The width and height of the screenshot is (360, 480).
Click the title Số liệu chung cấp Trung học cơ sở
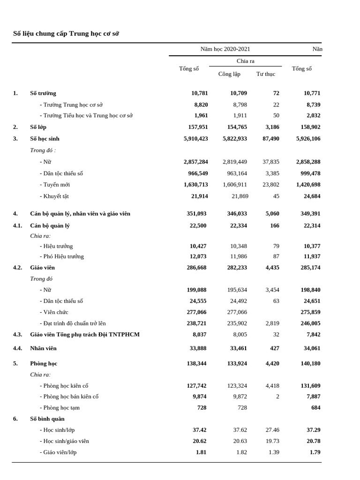click(x=66, y=34)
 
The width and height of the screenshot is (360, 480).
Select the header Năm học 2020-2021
click(x=225, y=49)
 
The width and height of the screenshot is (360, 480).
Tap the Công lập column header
click(x=229, y=74)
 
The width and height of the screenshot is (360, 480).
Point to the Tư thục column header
click(x=266, y=74)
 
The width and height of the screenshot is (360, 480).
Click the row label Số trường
click(x=43, y=93)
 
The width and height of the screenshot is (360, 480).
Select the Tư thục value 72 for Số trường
click(x=276, y=93)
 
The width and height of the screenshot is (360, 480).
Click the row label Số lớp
click(x=38, y=127)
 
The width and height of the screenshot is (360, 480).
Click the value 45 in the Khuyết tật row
click(x=276, y=196)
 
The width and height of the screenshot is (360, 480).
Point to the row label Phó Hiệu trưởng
click(x=62, y=256)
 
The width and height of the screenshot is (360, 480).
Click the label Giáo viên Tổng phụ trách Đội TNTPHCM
click(x=85, y=335)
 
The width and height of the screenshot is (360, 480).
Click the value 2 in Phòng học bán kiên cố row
click(x=277, y=397)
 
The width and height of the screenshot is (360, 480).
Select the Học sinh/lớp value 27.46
click(x=272, y=430)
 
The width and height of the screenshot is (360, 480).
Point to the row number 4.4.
click(x=17, y=348)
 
